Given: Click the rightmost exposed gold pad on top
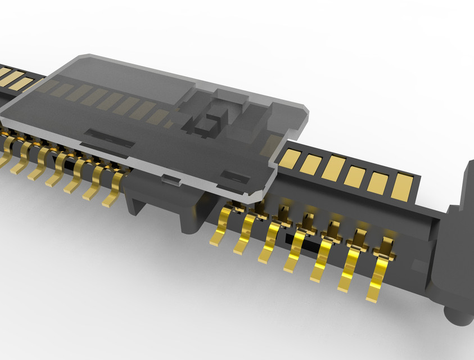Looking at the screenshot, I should (401, 188).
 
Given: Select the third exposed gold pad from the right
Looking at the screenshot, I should (354, 177).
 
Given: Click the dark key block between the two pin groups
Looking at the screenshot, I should (163, 205).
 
